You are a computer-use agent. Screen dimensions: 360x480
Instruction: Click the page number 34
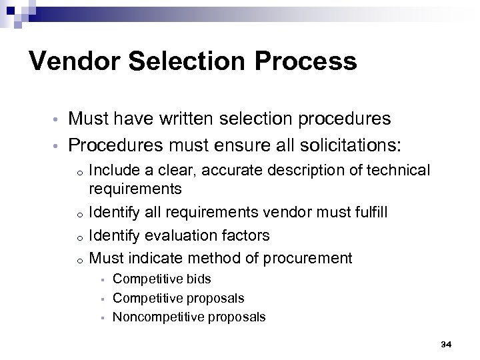click(x=446, y=344)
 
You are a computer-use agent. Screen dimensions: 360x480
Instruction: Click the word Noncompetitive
click(x=155, y=317)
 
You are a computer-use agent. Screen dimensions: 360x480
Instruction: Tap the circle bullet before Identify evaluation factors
click(x=79, y=237)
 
